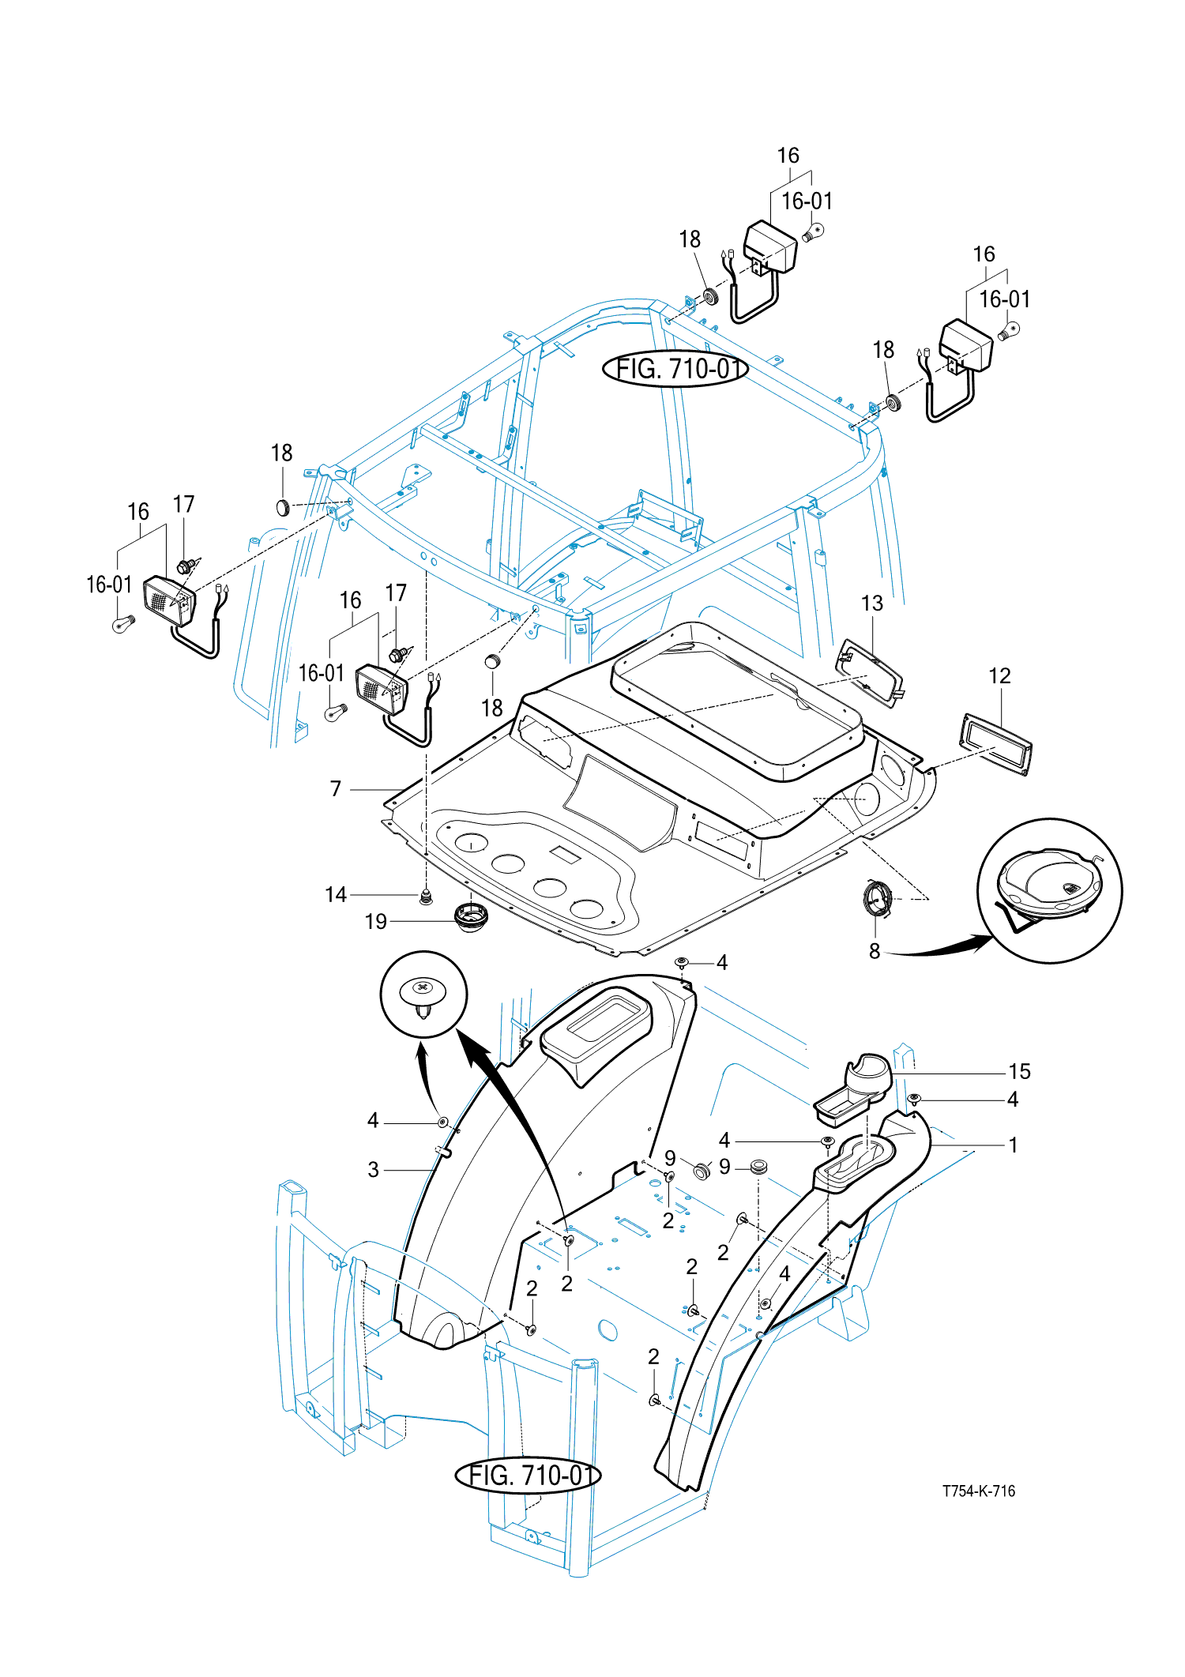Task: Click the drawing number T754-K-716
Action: [x=978, y=1491]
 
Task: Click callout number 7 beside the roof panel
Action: [x=336, y=788]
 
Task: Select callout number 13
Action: [x=871, y=603]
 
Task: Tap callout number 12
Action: [x=999, y=676]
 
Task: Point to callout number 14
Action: [x=336, y=894]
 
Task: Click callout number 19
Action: [x=376, y=921]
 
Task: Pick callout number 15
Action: [x=1019, y=1071]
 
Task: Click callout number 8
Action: [x=875, y=951]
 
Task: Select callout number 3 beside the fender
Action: [x=374, y=1169]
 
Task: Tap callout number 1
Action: [x=1014, y=1145]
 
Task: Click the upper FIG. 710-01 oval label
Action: [x=675, y=368]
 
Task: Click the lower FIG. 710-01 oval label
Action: [x=528, y=1475]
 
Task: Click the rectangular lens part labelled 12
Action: [x=996, y=745]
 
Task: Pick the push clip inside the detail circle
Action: [x=424, y=998]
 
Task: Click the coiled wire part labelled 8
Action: [x=878, y=899]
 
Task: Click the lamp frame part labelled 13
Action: [x=870, y=673]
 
